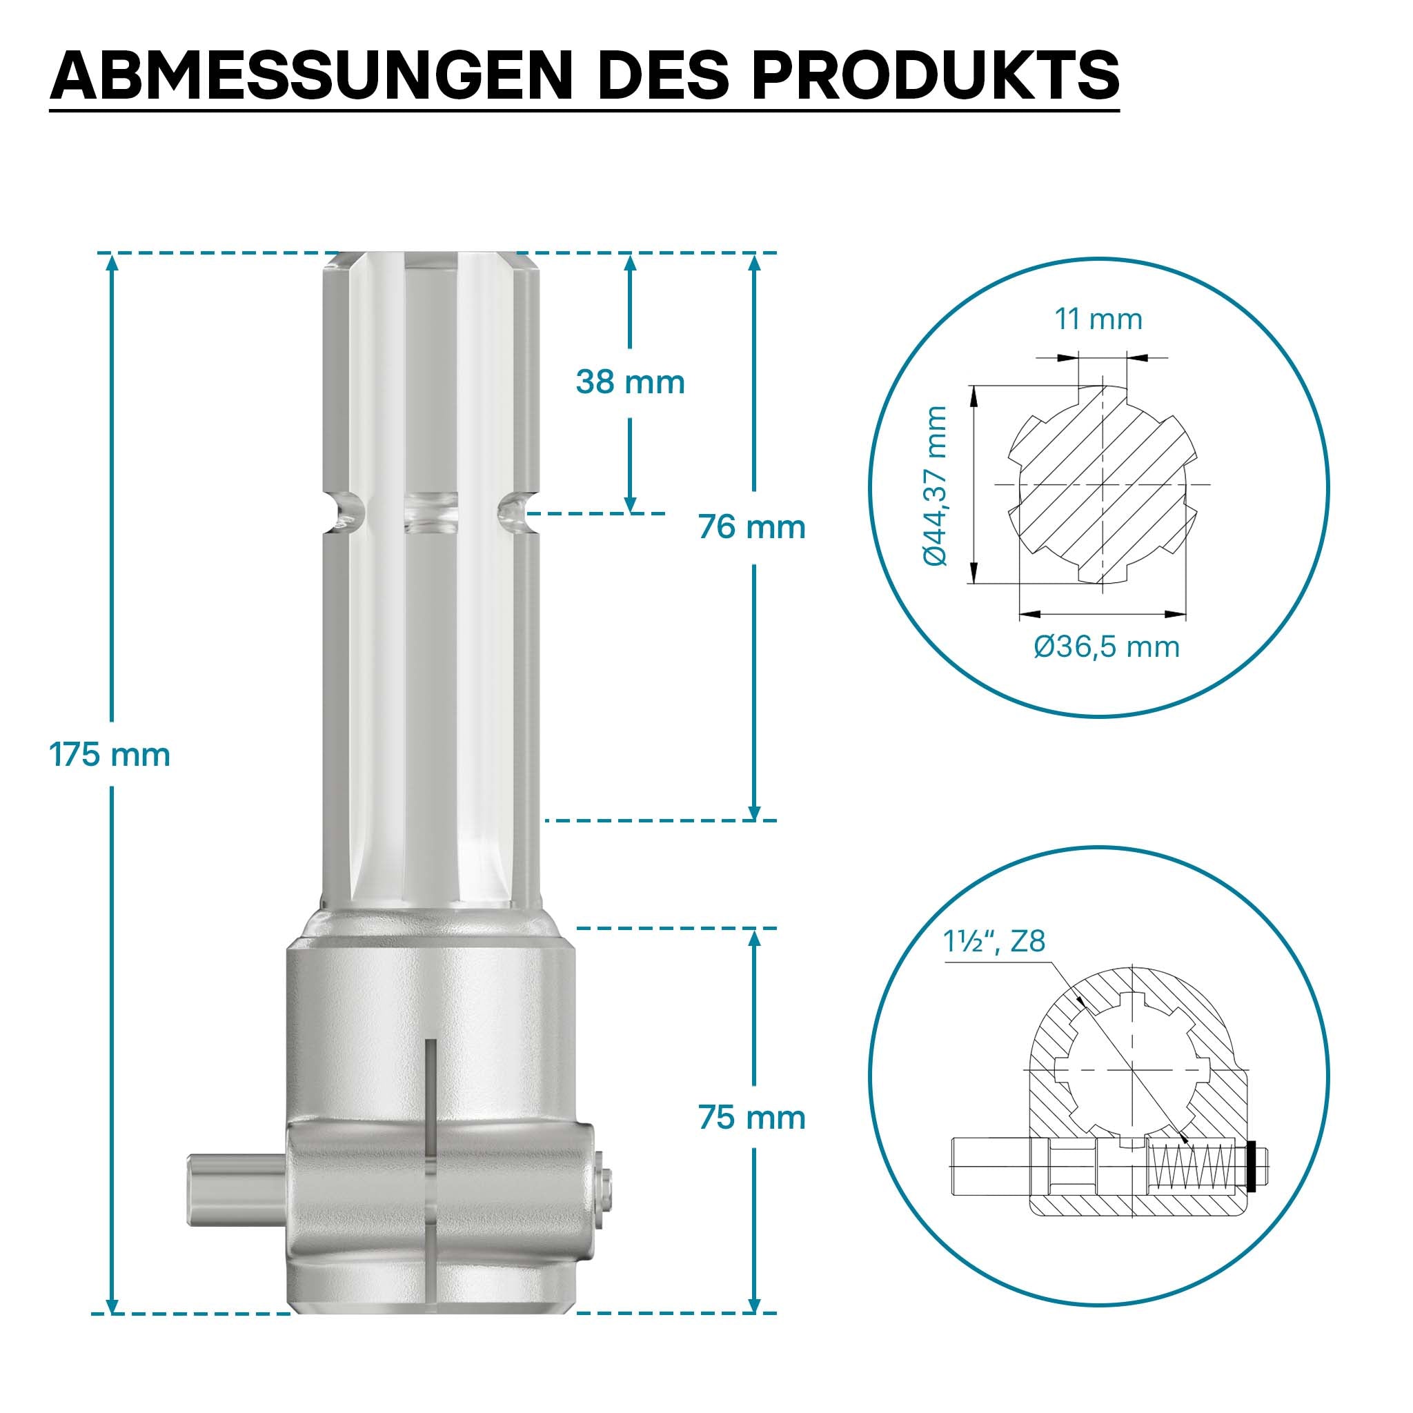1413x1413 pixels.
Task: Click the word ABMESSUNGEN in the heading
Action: pyautogui.click(x=311, y=75)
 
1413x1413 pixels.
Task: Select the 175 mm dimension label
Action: pyautogui.click(x=110, y=754)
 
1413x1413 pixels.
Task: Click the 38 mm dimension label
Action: pyautogui.click(x=631, y=382)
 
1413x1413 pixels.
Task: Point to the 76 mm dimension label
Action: pyautogui.click(x=752, y=527)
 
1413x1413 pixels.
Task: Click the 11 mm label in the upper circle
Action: pyautogui.click(x=1098, y=319)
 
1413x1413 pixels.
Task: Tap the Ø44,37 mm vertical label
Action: pyautogui.click(x=936, y=486)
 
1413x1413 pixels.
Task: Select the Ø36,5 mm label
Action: pyautogui.click(x=1107, y=647)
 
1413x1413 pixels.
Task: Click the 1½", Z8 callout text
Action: pyautogui.click(x=994, y=941)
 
